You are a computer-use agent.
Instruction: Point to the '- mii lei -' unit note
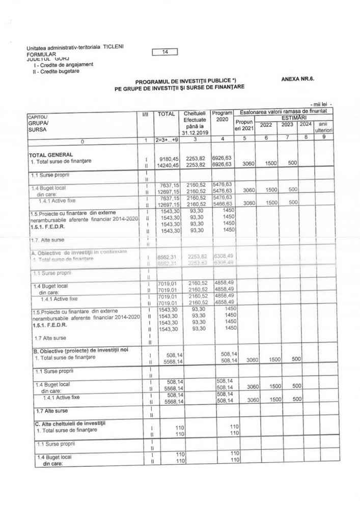[x=324, y=104]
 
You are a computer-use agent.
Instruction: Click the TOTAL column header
[x=166, y=115]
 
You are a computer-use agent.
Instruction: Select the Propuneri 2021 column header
[x=243, y=126]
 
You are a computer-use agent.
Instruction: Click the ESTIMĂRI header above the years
[x=288, y=117]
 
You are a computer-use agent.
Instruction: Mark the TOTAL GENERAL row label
[x=51, y=154]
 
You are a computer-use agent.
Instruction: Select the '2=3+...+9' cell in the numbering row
[x=166, y=138]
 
